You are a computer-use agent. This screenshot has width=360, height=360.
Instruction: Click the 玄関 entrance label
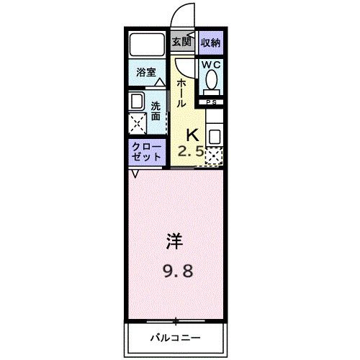[x=180, y=42]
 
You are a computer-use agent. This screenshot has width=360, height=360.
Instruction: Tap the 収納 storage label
[x=210, y=42]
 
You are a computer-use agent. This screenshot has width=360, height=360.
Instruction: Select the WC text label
[x=210, y=64]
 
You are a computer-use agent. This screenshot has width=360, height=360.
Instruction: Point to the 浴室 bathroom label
[x=147, y=72]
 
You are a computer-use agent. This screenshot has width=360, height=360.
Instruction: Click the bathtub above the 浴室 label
[x=148, y=47]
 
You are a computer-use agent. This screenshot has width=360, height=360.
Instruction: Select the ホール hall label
[x=181, y=93]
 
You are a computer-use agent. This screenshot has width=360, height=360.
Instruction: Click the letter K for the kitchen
[x=193, y=134]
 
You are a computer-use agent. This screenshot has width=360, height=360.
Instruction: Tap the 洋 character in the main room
[x=174, y=241]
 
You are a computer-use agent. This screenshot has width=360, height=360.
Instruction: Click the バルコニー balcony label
[x=175, y=337]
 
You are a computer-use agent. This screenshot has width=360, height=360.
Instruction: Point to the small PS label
[x=212, y=102]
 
